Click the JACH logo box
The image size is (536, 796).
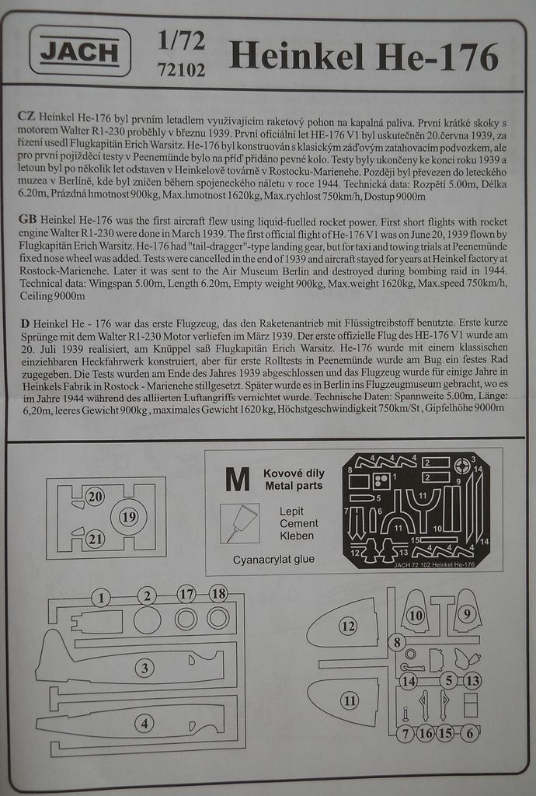tap(80, 52)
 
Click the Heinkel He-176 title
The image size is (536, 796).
tap(364, 57)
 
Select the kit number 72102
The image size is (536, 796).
tap(180, 70)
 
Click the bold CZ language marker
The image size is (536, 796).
tap(25, 115)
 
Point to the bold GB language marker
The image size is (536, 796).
tap(26, 221)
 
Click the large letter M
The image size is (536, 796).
tap(237, 480)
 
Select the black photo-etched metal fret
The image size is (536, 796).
tap(416, 511)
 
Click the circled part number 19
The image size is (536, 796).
tap(129, 516)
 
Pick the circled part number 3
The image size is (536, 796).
tap(144, 667)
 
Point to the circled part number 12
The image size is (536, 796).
tap(347, 627)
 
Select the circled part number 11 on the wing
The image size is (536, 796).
tap(350, 700)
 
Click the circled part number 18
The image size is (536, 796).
tap(218, 594)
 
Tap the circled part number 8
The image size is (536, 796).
tap(397, 642)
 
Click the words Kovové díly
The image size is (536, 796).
tap(294, 473)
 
